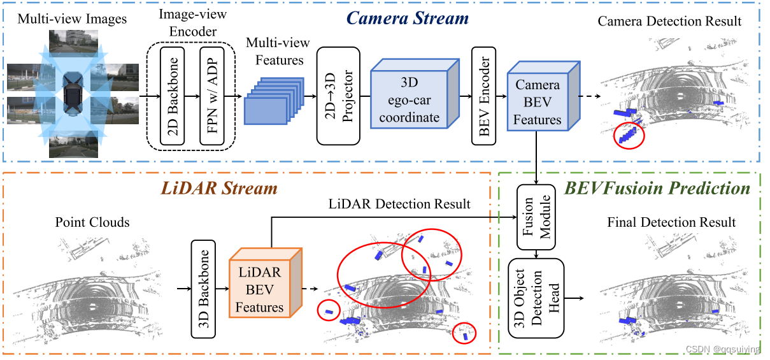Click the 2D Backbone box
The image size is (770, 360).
172,96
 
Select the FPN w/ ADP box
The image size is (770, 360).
212,96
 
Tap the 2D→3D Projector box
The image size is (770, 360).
338,96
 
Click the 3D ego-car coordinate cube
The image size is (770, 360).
415,94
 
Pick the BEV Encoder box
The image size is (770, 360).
483,96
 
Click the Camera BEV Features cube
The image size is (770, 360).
543,96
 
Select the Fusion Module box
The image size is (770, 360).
536,217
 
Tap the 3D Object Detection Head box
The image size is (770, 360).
536,298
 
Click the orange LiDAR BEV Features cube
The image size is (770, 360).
266,283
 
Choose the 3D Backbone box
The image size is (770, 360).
203,289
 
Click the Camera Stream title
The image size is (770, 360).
408,18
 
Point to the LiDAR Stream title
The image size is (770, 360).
219,188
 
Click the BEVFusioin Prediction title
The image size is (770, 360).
657,188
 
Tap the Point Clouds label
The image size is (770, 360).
92,222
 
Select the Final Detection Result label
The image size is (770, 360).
671,222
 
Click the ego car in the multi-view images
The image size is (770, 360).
73,94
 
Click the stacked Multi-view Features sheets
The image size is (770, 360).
274,101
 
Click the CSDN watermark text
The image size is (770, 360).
723,349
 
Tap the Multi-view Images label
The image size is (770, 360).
72,19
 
